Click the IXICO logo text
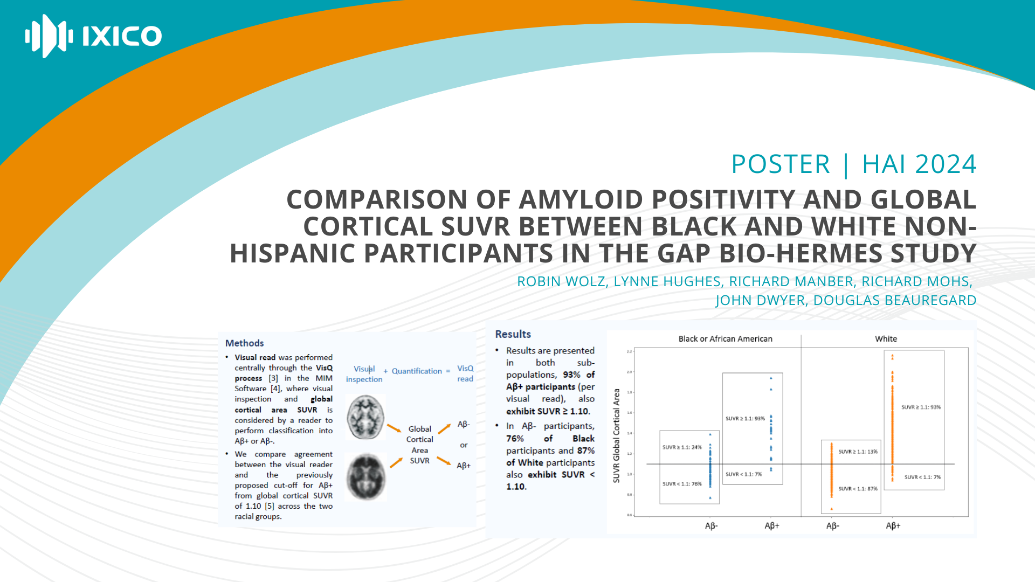122,36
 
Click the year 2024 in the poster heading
946,164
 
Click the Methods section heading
244,343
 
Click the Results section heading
513,334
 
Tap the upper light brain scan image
365,417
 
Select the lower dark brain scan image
366,476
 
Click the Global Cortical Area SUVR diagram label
419,445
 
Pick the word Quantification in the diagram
416,371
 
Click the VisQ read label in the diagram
465,373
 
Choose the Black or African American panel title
725,339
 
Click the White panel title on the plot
886,339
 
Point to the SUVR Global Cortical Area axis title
616,435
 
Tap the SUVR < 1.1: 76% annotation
682,484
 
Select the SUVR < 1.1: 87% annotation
858,489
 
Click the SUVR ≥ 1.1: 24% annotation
682,447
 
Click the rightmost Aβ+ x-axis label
893,525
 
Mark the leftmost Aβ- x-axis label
711,525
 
